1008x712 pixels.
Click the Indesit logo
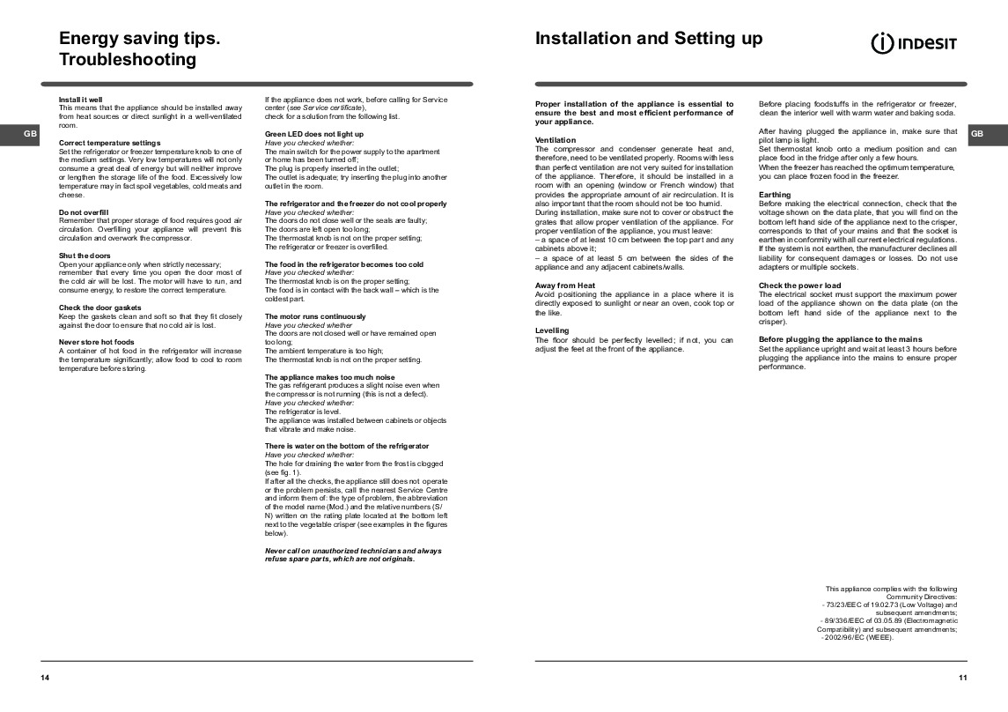click(x=914, y=43)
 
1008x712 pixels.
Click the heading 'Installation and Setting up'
click(x=649, y=39)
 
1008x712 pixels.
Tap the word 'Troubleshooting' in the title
click(x=127, y=60)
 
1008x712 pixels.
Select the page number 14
click(x=45, y=677)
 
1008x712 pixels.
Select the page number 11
click(x=963, y=677)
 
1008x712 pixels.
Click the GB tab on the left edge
click(x=30, y=134)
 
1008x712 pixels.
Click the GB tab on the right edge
click(x=977, y=134)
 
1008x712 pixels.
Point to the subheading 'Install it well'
click(x=80, y=100)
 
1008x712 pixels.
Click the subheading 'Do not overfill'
click(x=84, y=212)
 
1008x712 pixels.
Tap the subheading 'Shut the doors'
click(x=85, y=256)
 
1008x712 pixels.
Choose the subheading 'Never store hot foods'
click(x=96, y=341)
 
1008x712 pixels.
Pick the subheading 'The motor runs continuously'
click(x=315, y=316)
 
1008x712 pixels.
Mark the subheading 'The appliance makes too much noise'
click(x=330, y=377)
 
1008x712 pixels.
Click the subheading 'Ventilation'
click(x=556, y=140)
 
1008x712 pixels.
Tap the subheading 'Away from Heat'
click(x=565, y=286)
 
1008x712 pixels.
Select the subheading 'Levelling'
click(x=552, y=330)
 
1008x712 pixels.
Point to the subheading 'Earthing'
click(x=775, y=195)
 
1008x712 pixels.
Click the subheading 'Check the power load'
click(x=799, y=286)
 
